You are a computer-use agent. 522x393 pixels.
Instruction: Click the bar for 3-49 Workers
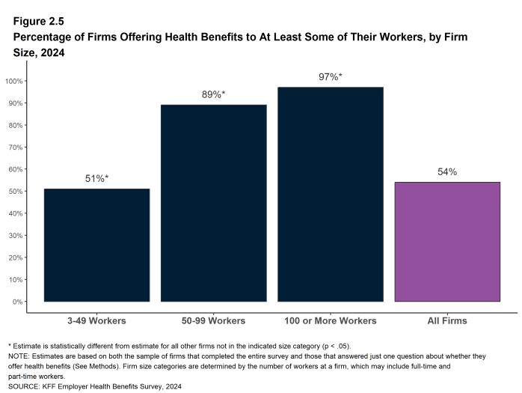click(96, 245)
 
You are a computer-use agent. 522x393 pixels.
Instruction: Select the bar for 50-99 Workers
click(213, 203)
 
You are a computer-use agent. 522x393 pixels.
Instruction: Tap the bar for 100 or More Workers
click(330, 194)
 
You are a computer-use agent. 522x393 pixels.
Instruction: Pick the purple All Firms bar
click(447, 242)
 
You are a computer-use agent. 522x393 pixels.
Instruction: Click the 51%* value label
click(96, 179)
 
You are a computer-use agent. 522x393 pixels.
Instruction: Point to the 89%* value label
click(213, 95)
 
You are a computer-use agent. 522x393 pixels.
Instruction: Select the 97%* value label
click(330, 77)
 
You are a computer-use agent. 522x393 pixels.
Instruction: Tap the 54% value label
click(447, 172)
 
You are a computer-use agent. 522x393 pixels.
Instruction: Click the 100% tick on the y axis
click(15, 81)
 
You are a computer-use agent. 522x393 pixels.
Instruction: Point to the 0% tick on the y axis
click(18, 302)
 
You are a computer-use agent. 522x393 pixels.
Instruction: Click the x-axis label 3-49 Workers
click(96, 320)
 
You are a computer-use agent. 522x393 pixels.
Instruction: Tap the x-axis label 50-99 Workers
click(213, 320)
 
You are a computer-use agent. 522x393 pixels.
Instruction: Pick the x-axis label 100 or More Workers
click(330, 320)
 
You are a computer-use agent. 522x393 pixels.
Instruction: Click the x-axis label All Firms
click(447, 320)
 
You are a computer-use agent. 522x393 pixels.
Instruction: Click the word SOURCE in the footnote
click(24, 386)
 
